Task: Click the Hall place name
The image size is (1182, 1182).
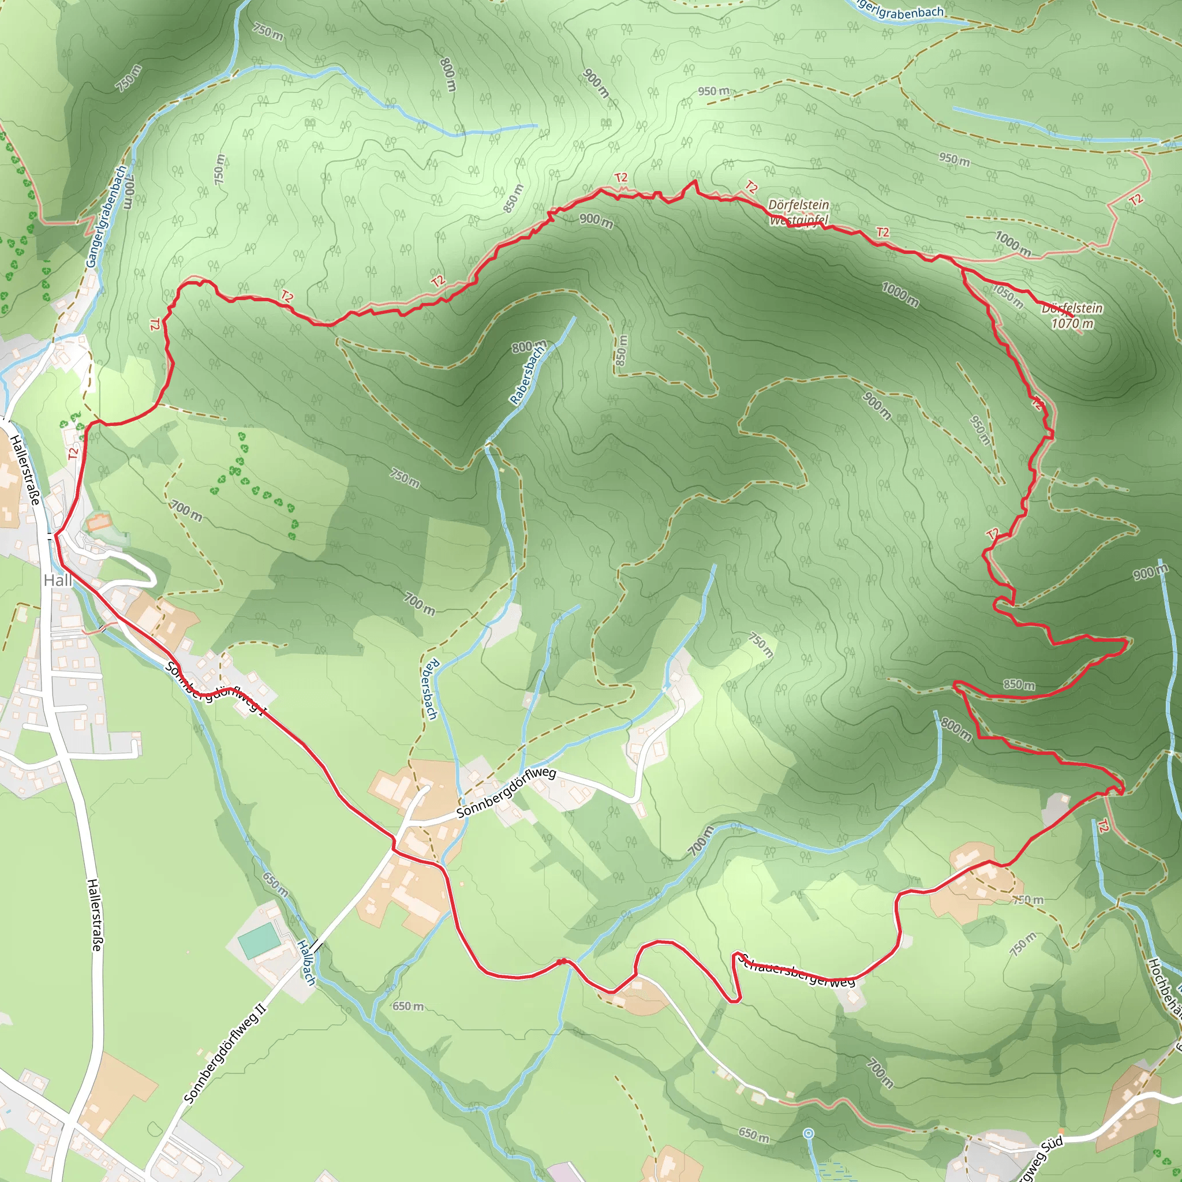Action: click(58, 580)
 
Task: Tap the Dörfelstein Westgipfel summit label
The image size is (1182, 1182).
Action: click(798, 212)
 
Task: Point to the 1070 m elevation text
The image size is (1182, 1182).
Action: click(1072, 324)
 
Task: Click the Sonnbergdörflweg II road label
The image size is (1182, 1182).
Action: click(225, 1053)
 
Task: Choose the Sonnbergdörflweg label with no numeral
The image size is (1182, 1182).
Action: click(506, 794)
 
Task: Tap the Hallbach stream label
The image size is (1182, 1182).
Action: click(306, 962)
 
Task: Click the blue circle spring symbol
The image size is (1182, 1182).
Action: click(809, 1134)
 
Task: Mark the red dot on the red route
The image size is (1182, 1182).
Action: click(561, 962)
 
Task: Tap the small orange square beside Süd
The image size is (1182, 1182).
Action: click(1061, 1131)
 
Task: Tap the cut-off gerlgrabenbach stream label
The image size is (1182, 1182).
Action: click(902, 10)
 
